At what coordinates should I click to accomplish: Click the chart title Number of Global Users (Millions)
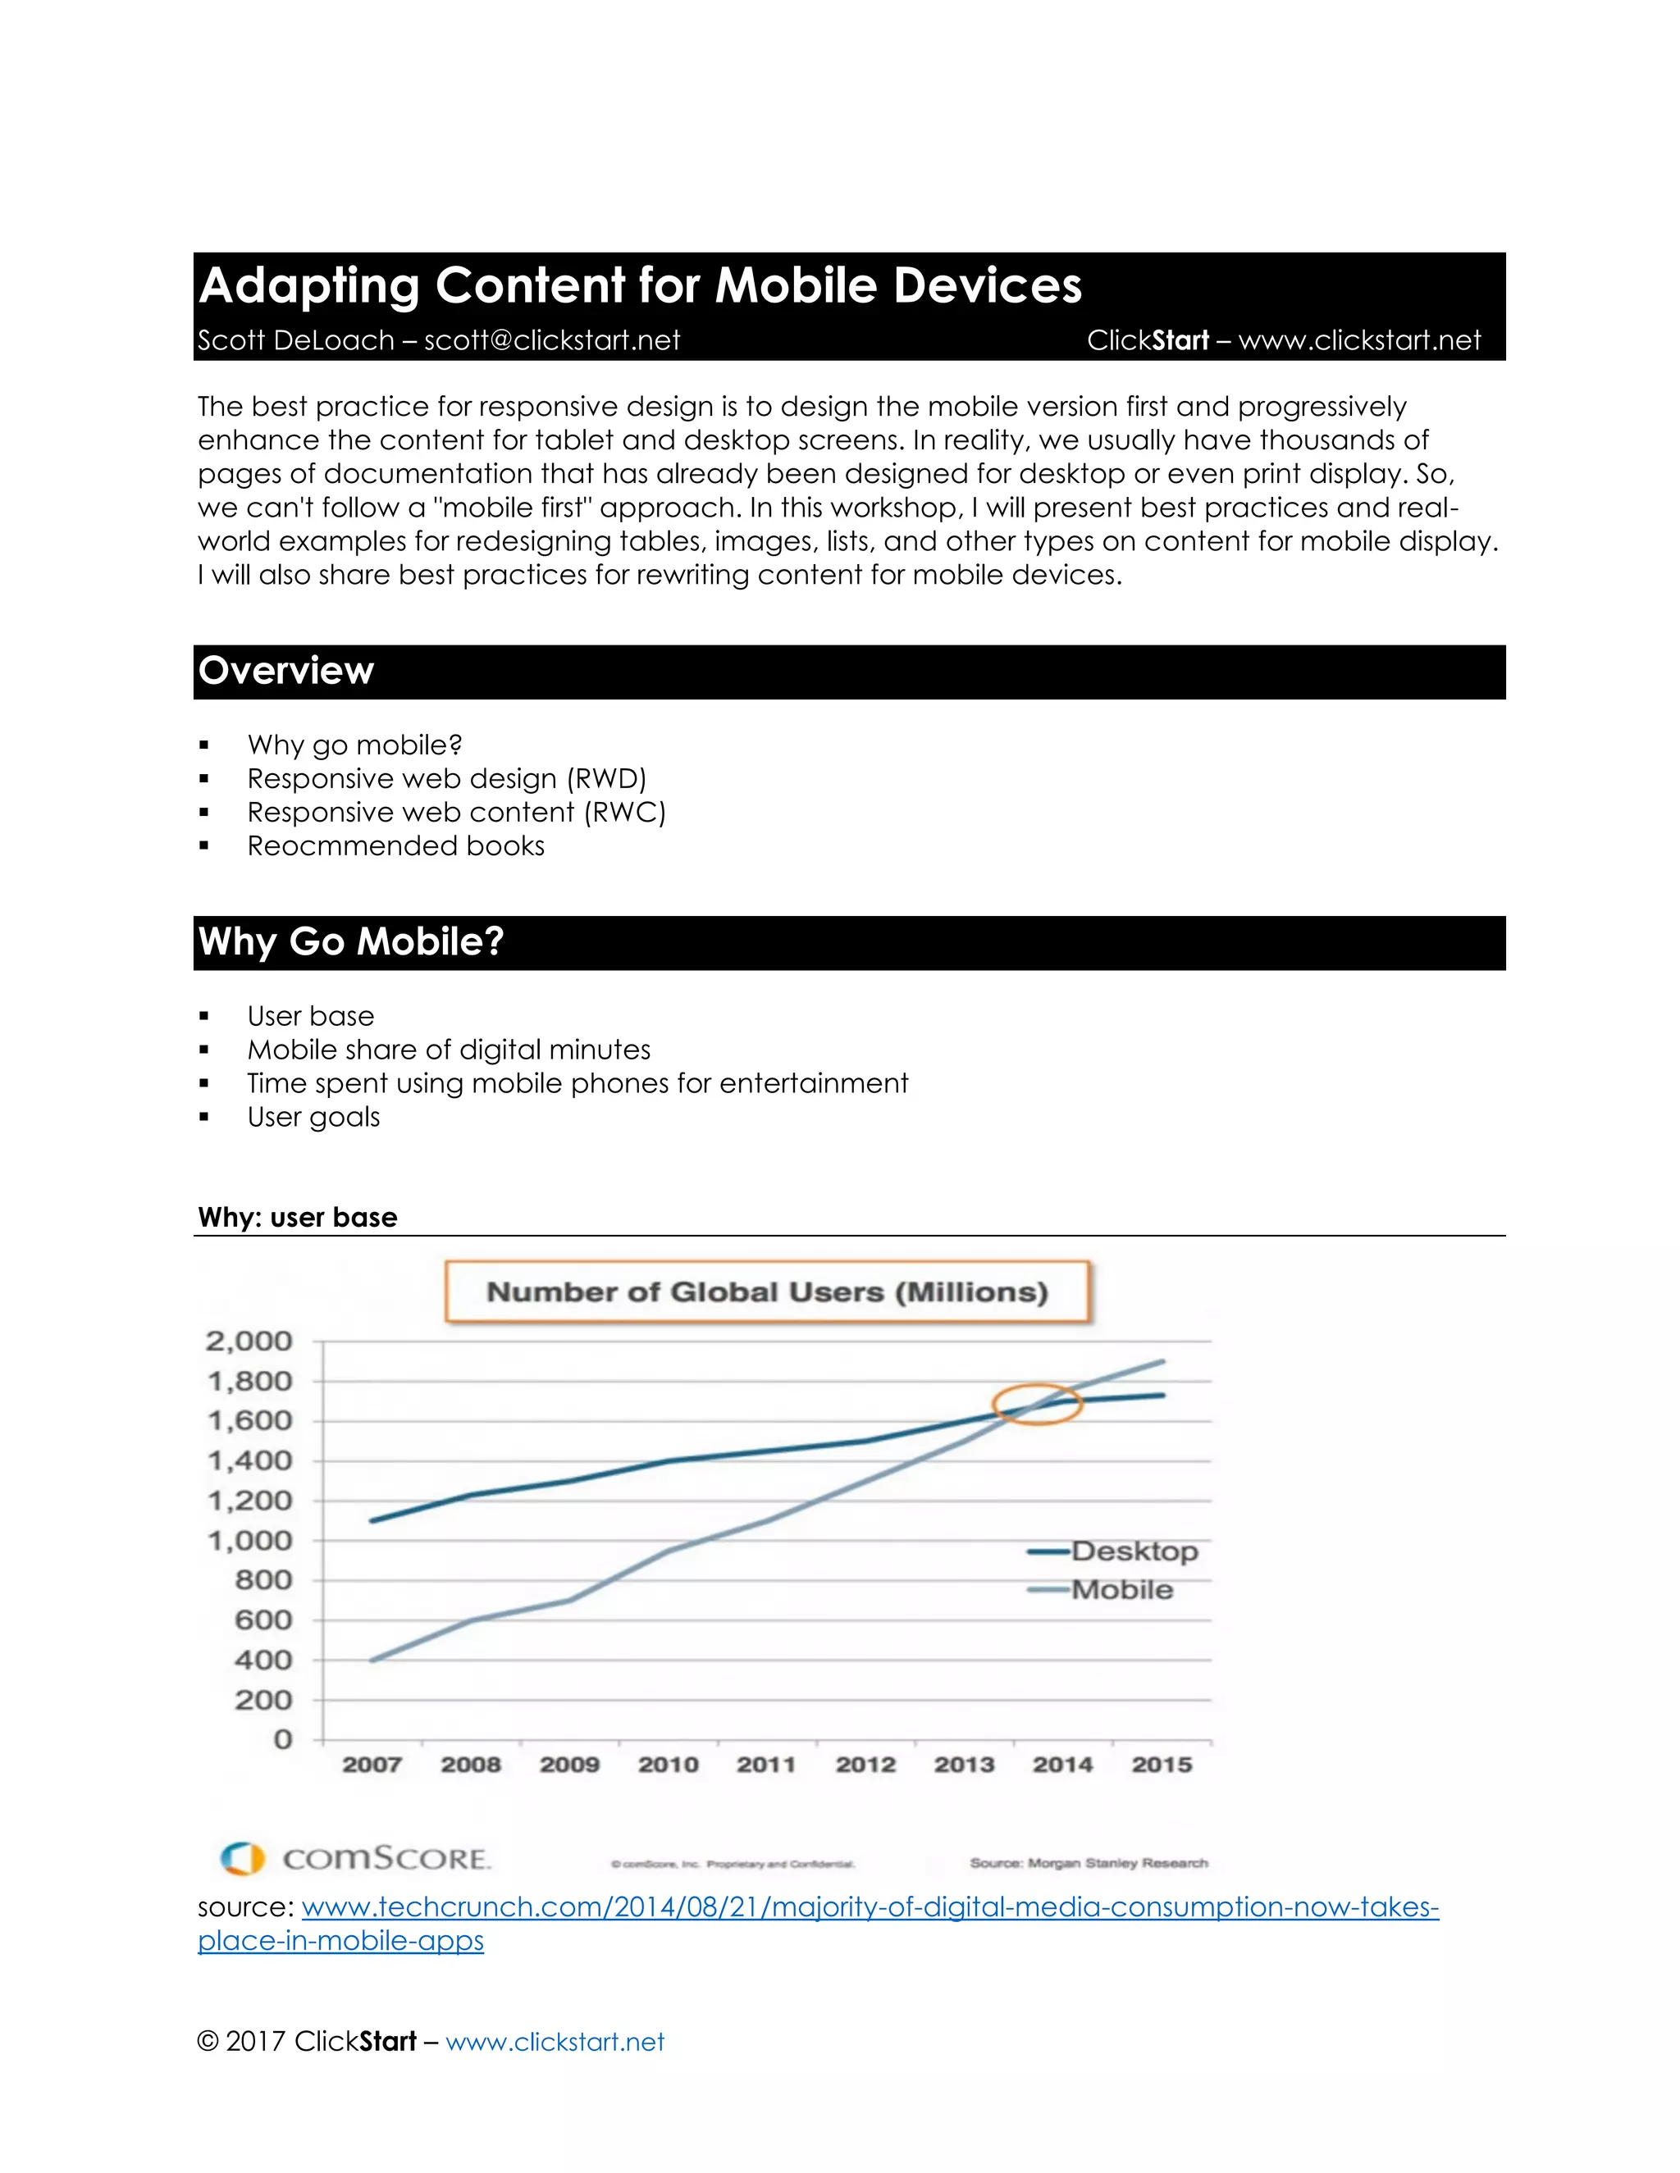click(x=767, y=1291)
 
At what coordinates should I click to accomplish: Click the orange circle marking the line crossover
click(x=1037, y=1404)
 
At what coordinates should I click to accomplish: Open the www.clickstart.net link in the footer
click(x=555, y=2042)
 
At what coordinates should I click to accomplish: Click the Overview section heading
click(x=286, y=671)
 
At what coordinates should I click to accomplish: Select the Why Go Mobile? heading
click(x=351, y=941)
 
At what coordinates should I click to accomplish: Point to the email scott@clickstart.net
click(x=552, y=340)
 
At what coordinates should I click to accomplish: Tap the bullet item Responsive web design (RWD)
click(x=447, y=778)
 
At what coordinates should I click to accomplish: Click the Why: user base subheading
click(x=298, y=1217)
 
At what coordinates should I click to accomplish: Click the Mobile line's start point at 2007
click(x=372, y=1660)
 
